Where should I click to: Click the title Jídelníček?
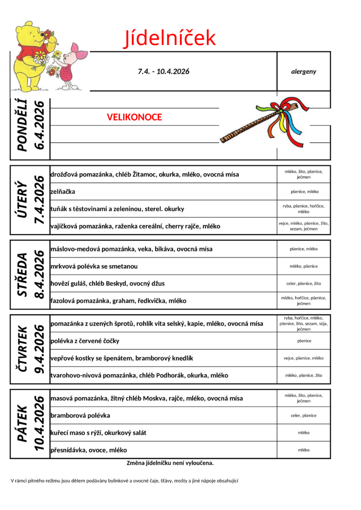click(170, 38)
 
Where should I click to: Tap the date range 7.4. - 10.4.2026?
click(164, 71)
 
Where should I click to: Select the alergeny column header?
click(304, 71)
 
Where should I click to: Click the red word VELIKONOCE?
click(134, 117)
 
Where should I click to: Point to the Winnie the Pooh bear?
click(30, 55)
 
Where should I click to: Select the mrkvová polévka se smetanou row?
click(94, 266)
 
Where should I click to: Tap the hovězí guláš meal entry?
click(108, 283)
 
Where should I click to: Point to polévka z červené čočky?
click(85, 341)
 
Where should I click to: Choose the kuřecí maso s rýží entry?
click(98, 433)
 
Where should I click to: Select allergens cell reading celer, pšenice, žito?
click(304, 283)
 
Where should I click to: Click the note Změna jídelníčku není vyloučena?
click(170, 463)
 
